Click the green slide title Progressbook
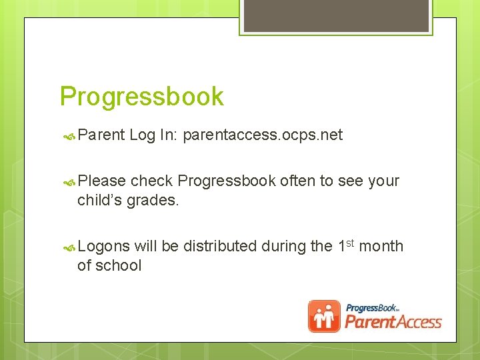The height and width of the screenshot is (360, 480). (x=141, y=97)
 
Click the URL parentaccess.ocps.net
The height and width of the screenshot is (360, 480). (x=263, y=135)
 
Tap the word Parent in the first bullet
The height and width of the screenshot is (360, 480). (x=101, y=135)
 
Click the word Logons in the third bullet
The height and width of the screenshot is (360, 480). (x=103, y=246)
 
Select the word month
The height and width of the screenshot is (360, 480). (x=381, y=246)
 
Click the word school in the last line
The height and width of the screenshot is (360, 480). (x=119, y=265)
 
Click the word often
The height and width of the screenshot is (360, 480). (x=298, y=181)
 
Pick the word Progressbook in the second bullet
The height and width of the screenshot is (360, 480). (x=227, y=181)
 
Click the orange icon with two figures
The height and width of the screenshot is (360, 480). (x=324, y=316)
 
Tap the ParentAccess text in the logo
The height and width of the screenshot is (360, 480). (x=393, y=323)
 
